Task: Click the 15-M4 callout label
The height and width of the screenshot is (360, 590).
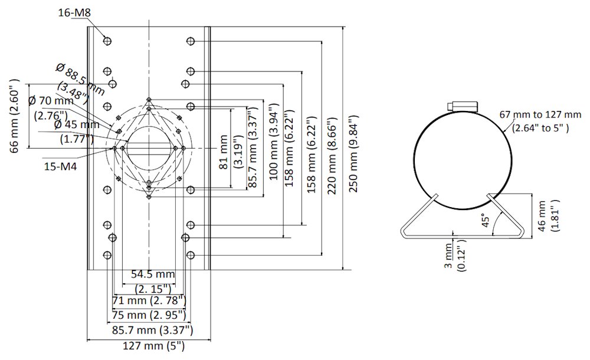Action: pos(60,167)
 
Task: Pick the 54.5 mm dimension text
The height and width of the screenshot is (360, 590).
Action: pos(153,274)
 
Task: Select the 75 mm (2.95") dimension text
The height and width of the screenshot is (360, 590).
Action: pos(149,315)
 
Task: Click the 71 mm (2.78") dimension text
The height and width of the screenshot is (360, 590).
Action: pos(149,301)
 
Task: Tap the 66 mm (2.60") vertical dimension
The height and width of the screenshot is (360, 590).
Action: pos(16,116)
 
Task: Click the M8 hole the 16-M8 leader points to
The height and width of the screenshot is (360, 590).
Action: pos(107,41)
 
